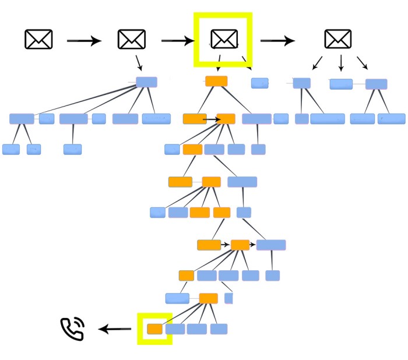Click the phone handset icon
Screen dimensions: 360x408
click(73, 329)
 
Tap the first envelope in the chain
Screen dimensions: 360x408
click(38, 39)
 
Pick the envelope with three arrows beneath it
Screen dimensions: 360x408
click(338, 39)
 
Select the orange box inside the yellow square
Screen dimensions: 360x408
click(154, 329)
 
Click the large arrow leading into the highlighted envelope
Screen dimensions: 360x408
click(177, 41)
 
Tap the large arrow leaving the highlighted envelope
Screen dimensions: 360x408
click(277, 41)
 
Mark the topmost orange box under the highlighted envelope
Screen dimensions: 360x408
click(216, 81)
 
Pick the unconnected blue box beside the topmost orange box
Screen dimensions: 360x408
click(260, 83)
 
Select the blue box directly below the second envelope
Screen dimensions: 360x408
click(146, 82)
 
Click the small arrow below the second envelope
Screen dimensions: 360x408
click(139, 62)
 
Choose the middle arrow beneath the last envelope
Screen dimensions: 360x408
click(341, 63)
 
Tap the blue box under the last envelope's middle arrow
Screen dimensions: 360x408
click(341, 84)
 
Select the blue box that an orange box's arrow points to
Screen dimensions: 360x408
click(271, 245)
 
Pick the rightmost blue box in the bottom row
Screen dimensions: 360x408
click(219, 329)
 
